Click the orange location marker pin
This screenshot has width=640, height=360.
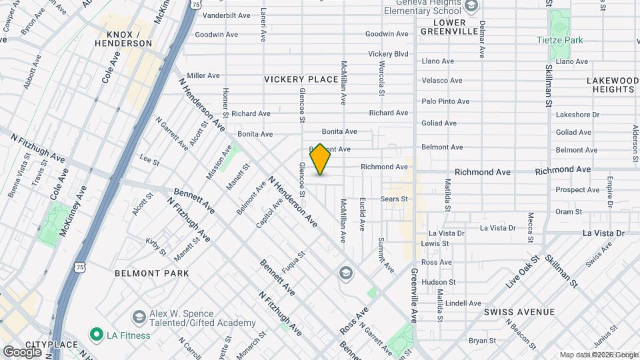pyautogui.click(x=321, y=159)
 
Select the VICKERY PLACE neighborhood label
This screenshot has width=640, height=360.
pyautogui.click(x=301, y=79)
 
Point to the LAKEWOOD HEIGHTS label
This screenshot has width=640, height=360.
pyautogui.click(x=610, y=85)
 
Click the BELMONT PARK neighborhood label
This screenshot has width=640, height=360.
pyautogui.click(x=152, y=273)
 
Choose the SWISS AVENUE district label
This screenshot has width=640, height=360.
pyautogui.click(x=519, y=312)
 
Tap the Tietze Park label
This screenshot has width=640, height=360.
pyautogui.click(x=560, y=40)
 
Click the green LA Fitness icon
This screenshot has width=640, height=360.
pyautogui.click(x=96, y=334)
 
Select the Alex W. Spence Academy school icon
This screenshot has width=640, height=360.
pyautogui.click(x=139, y=315)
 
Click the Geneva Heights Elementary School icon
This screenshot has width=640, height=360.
pyautogui.click(x=471, y=7)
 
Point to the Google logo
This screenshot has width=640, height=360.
pyautogui.click(x=22, y=351)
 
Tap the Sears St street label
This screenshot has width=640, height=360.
pyautogui.click(x=393, y=199)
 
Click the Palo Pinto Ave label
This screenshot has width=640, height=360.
pyautogui.click(x=445, y=101)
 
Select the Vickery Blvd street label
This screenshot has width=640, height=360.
pyautogui.click(x=387, y=54)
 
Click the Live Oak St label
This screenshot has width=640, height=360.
pyautogui.click(x=522, y=271)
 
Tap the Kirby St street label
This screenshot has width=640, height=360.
pyautogui.click(x=156, y=247)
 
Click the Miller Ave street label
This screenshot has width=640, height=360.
pyautogui.click(x=203, y=76)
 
